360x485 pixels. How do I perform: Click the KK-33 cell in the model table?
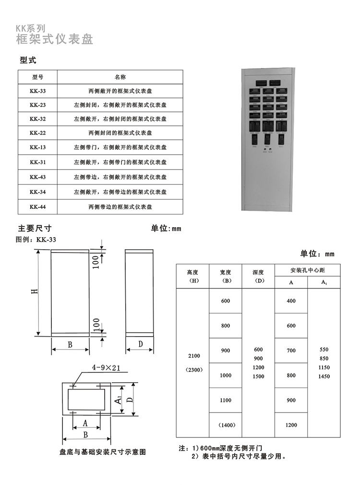[37, 90]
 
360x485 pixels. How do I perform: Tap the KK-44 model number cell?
[37, 207]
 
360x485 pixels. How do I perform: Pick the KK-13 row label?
[37, 147]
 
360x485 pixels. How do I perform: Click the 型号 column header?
[37, 77]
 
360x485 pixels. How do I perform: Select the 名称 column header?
[120, 77]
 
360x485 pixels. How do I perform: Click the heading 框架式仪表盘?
[54, 39]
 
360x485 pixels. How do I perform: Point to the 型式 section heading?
[28, 61]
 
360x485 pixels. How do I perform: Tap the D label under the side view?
[140, 344]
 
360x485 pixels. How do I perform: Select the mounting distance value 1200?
[291, 425]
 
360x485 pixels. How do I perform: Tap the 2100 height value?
[194, 356]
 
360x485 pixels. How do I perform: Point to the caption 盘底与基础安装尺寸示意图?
[102, 452]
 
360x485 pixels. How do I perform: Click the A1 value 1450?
[324, 376]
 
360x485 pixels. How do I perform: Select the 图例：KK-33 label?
[36, 239]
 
